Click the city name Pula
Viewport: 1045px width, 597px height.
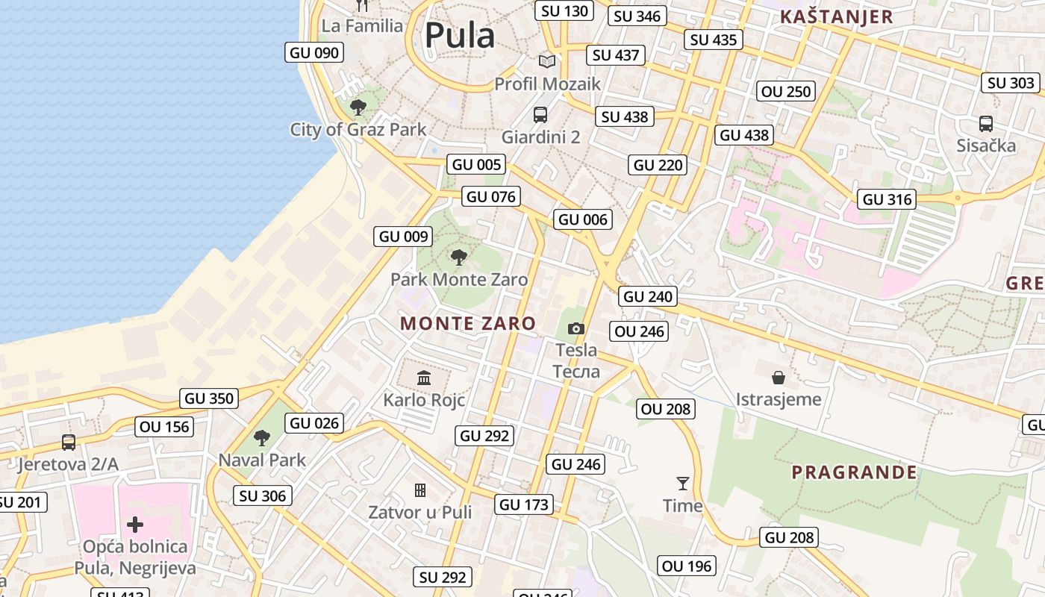pyautogui.click(x=460, y=35)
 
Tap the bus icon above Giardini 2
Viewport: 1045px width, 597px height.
pyautogui.click(x=540, y=115)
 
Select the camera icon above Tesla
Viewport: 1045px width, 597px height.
pyautogui.click(x=575, y=328)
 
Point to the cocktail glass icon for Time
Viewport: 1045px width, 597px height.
pyautogui.click(x=682, y=483)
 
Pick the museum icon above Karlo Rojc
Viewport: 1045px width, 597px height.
pyautogui.click(x=424, y=378)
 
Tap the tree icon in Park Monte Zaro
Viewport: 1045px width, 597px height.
pyautogui.click(x=459, y=257)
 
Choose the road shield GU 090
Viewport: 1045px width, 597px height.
pyautogui.click(x=314, y=52)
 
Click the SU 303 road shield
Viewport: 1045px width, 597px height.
pyautogui.click(x=1011, y=83)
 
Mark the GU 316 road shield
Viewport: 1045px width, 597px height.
pyautogui.click(x=888, y=199)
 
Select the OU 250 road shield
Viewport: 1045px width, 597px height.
pyautogui.click(x=786, y=92)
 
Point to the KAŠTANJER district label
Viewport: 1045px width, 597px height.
pyautogui.click(x=836, y=17)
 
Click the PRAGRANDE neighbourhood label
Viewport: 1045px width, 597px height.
pyautogui.click(x=854, y=472)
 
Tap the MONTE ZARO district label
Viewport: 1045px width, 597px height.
pyautogui.click(x=468, y=323)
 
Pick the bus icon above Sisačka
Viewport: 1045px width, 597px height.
pyautogui.click(x=985, y=123)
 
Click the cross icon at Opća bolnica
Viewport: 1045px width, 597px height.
pyautogui.click(x=135, y=525)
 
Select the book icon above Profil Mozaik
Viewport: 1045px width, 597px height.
pyautogui.click(x=547, y=61)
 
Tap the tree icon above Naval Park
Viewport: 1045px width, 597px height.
pyautogui.click(x=261, y=437)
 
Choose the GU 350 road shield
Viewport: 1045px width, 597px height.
pyautogui.click(x=210, y=398)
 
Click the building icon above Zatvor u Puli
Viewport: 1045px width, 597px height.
pyautogui.click(x=420, y=490)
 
